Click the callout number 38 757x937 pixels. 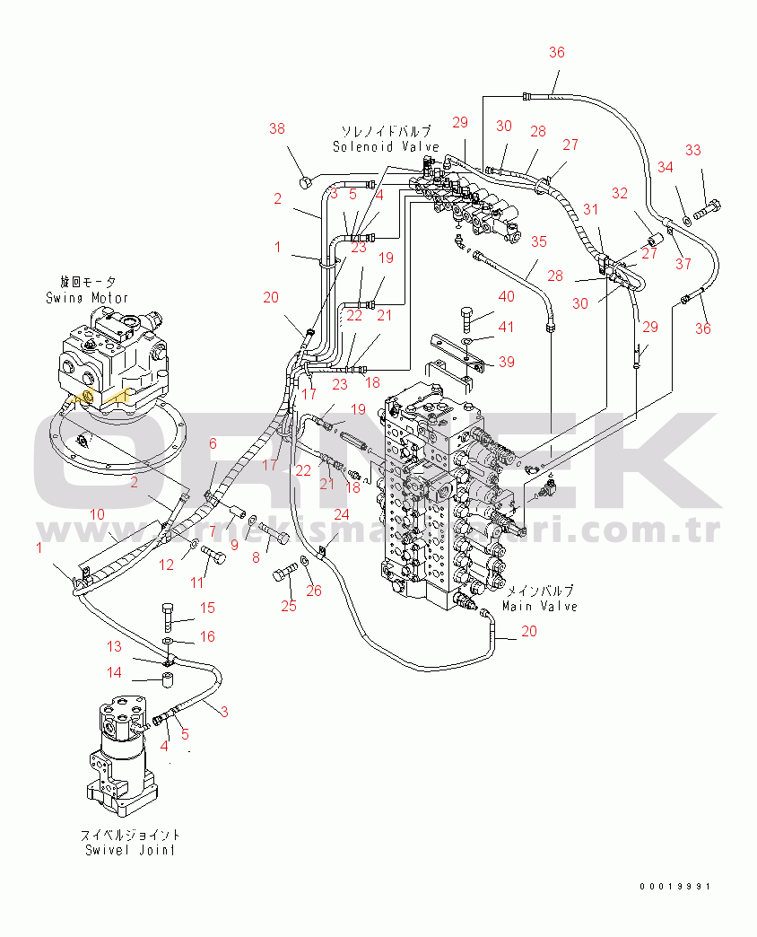(x=277, y=128)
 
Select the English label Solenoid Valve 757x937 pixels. (x=386, y=146)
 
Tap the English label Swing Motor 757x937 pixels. (x=87, y=297)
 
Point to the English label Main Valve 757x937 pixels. (x=540, y=606)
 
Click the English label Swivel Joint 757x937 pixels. (x=130, y=849)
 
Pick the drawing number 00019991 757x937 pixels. (x=674, y=887)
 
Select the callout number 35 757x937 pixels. (x=538, y=241)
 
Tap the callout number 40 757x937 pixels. (x=507, y=297)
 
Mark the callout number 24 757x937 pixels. (x=341, y=514)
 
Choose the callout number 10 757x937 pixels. (x=98, y=513)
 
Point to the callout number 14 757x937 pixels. (x=115, y=672)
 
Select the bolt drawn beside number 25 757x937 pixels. (x=285, y=572)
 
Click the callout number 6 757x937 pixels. (x=213, y=442)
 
